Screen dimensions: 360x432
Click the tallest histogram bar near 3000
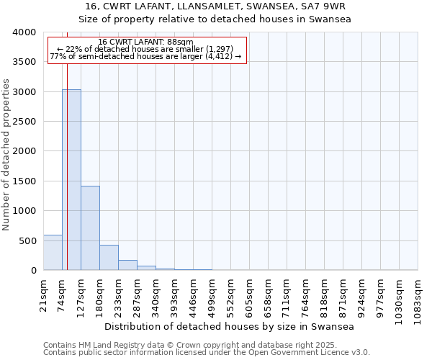[71, 180]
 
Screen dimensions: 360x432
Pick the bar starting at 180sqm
[109, 258]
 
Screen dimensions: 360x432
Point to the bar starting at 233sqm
[127, 265]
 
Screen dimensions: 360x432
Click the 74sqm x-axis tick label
[63, 293]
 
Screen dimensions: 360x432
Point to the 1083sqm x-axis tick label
[418, 298]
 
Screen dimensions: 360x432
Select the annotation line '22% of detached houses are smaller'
[147, 49]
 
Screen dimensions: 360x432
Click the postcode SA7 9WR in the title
[321, 6]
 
